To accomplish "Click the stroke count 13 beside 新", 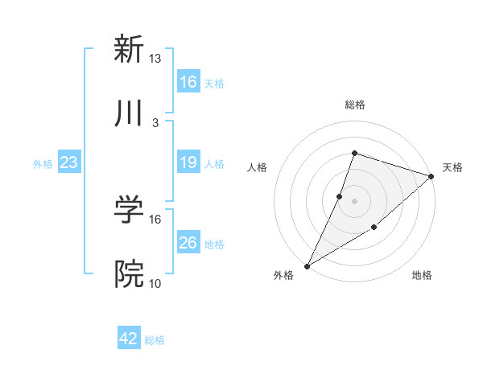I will click(155, 59).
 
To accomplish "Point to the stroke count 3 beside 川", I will click(155, 123).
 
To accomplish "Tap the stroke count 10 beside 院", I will click(155, 284).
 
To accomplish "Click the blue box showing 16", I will click(188, 82).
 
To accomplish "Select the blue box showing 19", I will click(188, 163).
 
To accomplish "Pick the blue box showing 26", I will click(188, 243).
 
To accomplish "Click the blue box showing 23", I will click(69, 163).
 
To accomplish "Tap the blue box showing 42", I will click(129, 339).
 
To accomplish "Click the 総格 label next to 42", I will click(155, 340).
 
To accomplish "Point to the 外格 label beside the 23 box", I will click(43, 164).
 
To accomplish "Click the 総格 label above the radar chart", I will click(354, 105).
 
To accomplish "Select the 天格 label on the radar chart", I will click(452, 167).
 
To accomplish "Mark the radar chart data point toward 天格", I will click(431, 176).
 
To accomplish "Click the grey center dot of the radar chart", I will click(354, 201).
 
